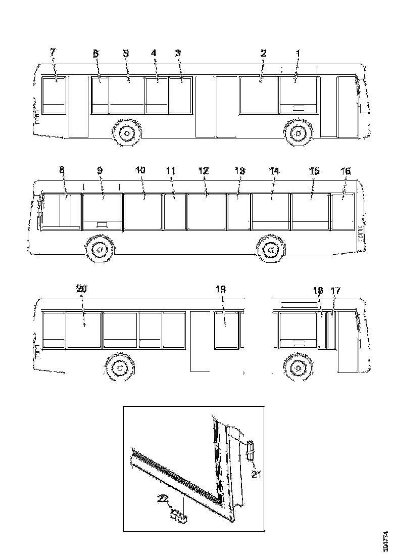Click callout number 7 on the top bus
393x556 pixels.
(53, 53)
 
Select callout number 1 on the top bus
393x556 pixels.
(298, 53)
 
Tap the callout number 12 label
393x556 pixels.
(203, 171)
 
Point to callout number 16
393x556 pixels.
(346, 171)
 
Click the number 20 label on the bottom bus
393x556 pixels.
(81, 289)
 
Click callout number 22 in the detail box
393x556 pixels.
(162, 499)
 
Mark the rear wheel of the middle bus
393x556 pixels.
(271, 250)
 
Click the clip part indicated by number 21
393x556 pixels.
(250, 449)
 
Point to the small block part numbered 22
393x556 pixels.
(179, 516)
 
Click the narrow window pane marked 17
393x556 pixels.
(331, 331)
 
